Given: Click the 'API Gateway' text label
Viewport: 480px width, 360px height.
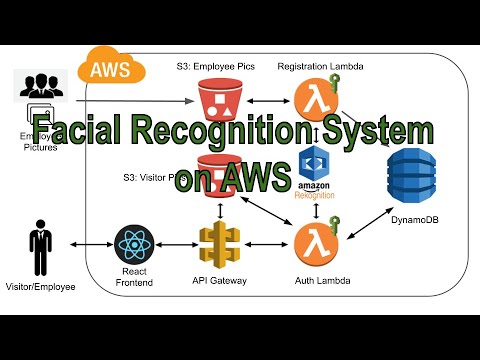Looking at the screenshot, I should [x=219, y=282].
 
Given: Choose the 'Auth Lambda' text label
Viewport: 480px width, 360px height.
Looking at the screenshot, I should [x=314, y=282].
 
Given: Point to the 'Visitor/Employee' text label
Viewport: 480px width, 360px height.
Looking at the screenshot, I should [x=40, y=287].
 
